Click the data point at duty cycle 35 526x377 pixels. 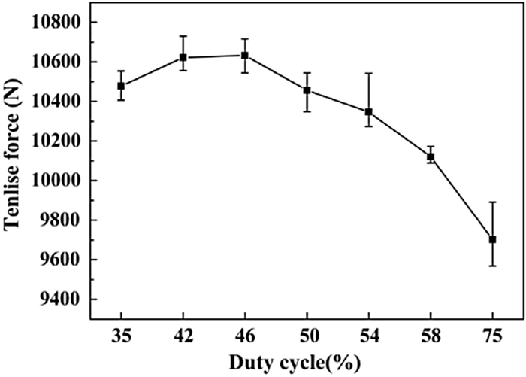121,86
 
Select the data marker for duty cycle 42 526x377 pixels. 183,57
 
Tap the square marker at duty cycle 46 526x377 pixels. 245,55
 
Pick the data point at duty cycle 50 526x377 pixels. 307,90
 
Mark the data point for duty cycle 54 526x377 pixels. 369,111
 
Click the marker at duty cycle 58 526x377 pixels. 431,157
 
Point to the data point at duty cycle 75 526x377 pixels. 493,239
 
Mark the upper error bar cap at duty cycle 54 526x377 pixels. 369,73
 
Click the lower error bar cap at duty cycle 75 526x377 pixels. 493,266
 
